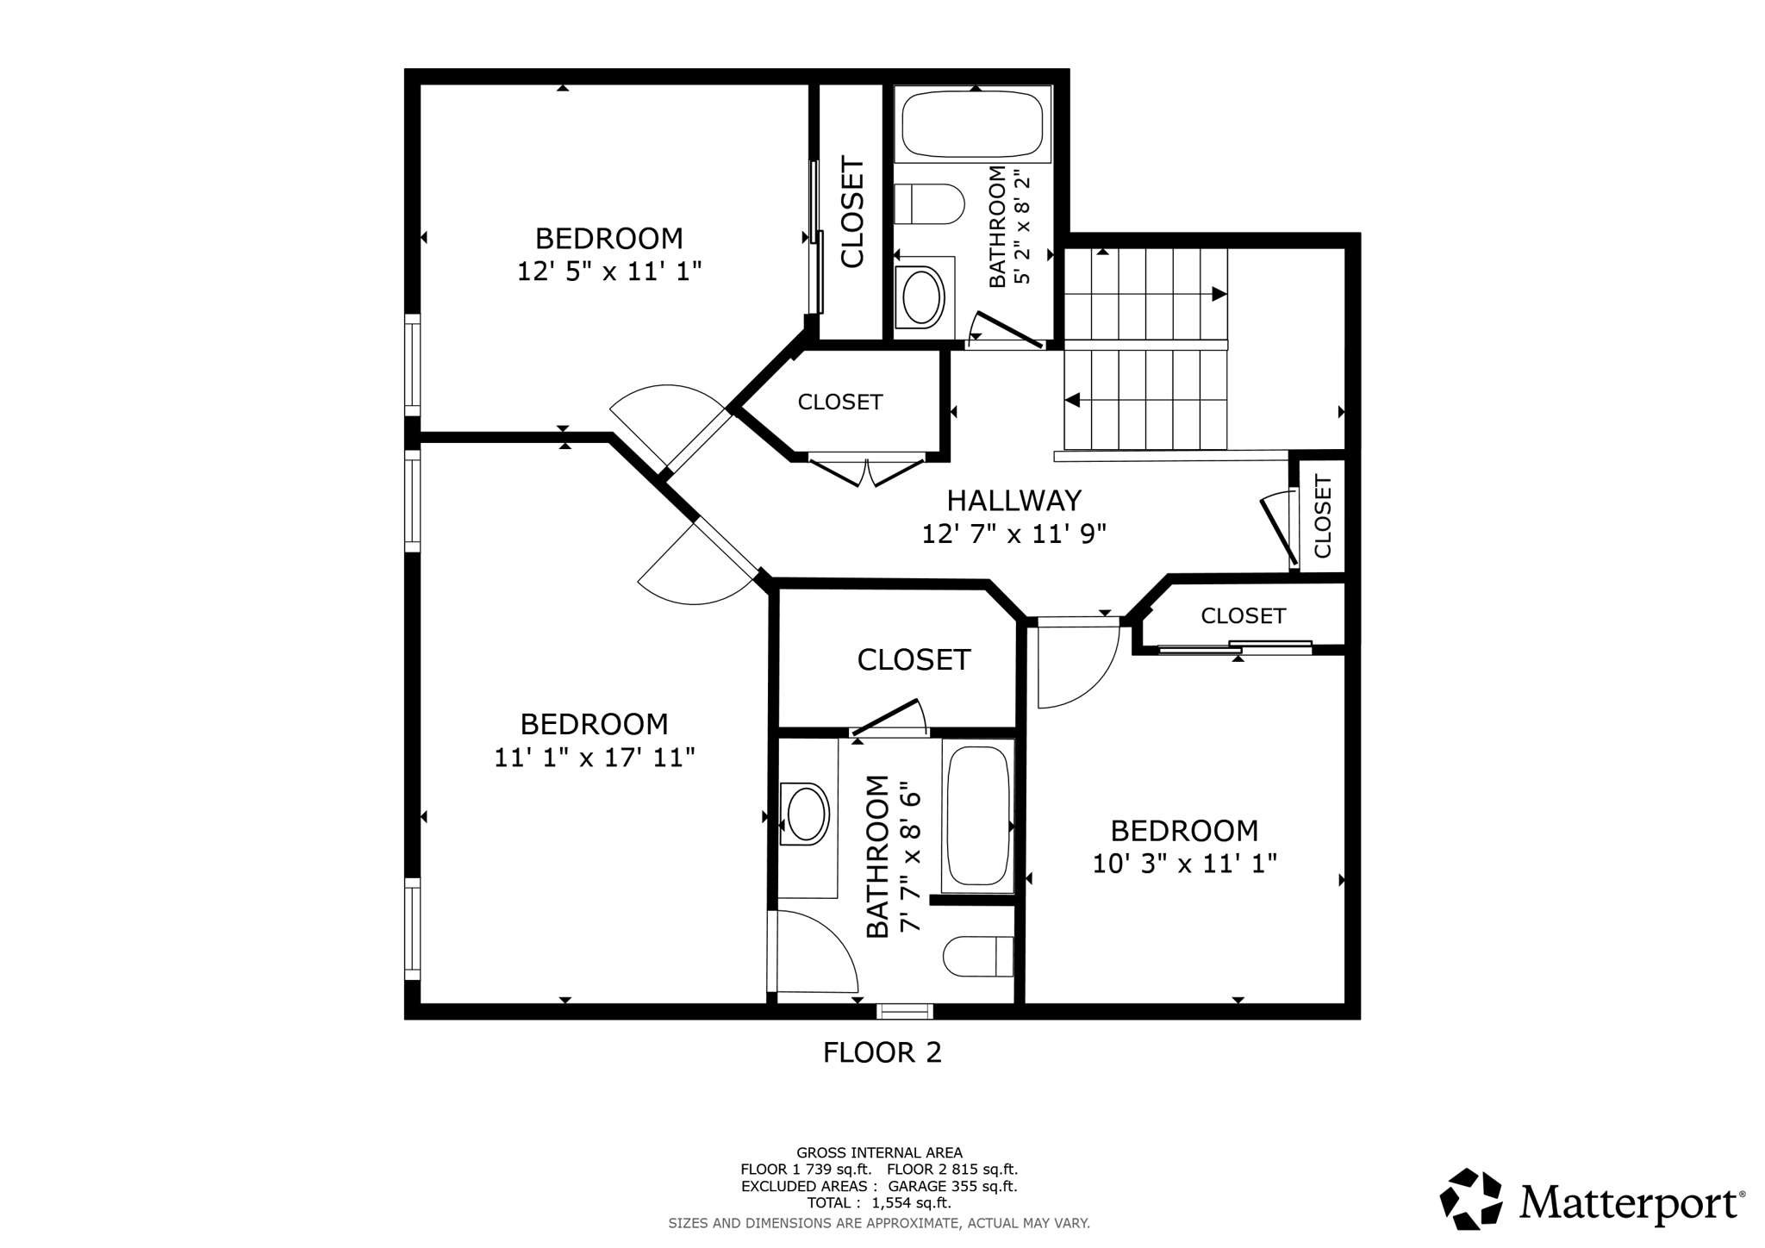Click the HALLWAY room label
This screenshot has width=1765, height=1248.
coord(1013,501)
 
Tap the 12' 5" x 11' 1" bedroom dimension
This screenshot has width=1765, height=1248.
coord(608,271)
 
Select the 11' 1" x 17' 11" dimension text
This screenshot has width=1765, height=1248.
coord(594,758)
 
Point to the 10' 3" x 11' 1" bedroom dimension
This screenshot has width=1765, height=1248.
coord(1184,864)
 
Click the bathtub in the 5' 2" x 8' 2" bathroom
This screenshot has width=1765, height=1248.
coord(974,124)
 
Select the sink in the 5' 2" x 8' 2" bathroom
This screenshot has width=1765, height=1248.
coord(920,296)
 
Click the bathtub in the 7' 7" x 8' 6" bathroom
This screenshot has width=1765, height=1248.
coord(977,815)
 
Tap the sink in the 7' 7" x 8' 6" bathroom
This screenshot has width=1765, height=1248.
coord(807,814)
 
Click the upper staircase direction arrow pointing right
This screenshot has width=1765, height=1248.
coord(1219,295)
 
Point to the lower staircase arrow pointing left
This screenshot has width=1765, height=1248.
coord(1073,401)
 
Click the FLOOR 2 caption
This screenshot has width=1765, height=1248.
coord(882,1052)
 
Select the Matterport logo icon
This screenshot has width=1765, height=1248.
coord(1471,1199)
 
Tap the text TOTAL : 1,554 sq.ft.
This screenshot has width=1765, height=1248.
coord(879,1203)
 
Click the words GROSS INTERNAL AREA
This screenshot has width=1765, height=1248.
coord(879,1153)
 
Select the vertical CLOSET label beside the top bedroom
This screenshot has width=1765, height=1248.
coord(852,212)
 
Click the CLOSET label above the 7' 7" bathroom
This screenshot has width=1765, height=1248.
coord(914,660)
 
